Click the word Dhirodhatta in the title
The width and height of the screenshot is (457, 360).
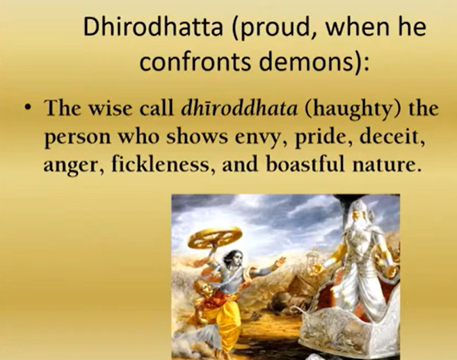[153, 26]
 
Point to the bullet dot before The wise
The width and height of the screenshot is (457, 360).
[28, 108]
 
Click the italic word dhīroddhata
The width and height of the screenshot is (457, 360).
[239, 108]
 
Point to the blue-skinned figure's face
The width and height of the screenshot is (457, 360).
[236, 258]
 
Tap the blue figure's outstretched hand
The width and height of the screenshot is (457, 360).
[280, 261]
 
